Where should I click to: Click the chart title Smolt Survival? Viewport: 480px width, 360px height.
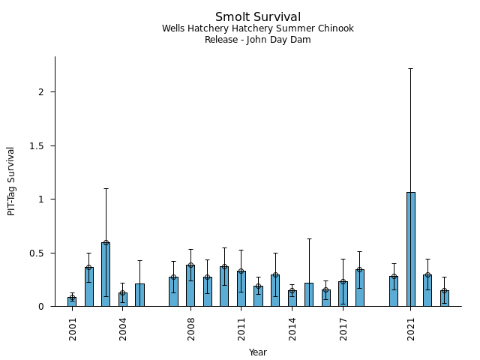click(x=257, y=17)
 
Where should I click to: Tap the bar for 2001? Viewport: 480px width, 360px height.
click(x=72, y=301)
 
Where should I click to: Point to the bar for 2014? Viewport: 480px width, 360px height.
click(x=292, y=298)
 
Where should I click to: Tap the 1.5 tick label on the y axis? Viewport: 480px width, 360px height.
click(x=38, y=145)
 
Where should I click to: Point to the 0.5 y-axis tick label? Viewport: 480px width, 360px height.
click(x=38, y=253)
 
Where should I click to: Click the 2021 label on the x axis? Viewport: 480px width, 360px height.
click(x=411, y=328)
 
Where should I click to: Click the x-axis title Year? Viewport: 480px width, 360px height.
click(x=257, y=352)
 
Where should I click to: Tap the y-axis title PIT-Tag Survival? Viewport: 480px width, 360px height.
click(x=11, y=181)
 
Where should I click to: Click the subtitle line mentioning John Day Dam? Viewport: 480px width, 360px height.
click(x=257, y=40)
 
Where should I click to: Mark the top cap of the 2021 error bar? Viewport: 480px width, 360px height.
click(x=410, y=68)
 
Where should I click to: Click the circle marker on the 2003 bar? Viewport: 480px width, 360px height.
click(x=106, y=243)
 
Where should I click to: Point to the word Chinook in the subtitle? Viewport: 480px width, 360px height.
click(x=337, y=28)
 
